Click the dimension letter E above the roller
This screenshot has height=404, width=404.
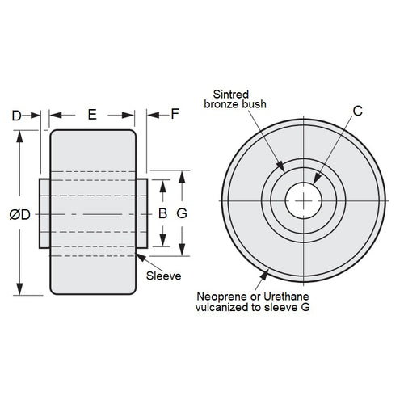91,115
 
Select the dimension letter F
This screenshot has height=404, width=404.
175,115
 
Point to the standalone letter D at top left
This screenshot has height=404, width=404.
17,115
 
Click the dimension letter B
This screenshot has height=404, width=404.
162,214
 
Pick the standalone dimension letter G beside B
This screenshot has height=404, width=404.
182,214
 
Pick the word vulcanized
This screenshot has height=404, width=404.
228,308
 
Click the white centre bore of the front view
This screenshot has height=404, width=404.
303,200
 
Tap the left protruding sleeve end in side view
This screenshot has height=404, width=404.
45,214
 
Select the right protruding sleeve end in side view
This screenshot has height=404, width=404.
141,214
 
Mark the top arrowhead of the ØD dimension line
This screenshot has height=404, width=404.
19,133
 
